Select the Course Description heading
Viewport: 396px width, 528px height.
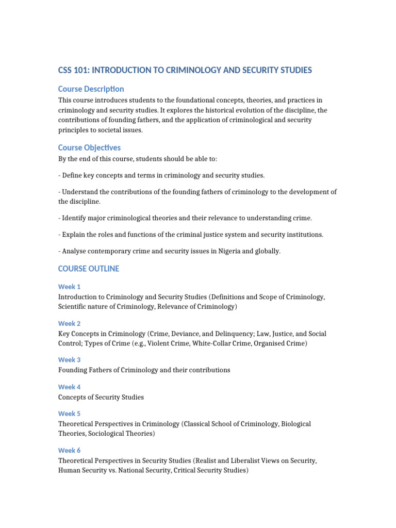point(91,89)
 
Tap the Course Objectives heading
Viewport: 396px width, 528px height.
point(89,148)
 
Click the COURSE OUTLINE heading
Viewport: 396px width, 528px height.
point(88,269)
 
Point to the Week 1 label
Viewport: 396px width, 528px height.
point(70,287)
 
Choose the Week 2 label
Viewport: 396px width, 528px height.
point(70,324)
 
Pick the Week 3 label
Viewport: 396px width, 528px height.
point(70,360)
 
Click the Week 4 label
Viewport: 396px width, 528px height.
point(70,387)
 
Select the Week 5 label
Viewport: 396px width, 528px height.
point(70,414)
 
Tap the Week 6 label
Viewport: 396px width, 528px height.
point(70,450)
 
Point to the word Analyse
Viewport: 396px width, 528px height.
point(75,251)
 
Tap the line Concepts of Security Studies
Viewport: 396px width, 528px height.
point(101,397)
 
